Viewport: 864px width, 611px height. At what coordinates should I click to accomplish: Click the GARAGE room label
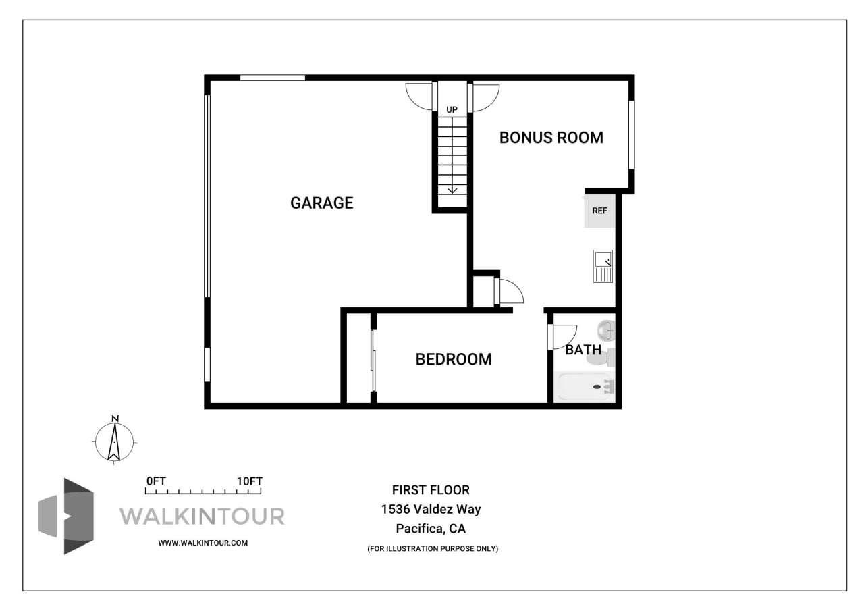321,203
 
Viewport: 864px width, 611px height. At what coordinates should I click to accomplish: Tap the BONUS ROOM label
551,138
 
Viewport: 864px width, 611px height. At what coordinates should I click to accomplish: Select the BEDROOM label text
454,359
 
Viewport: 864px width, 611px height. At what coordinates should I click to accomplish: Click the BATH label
583,350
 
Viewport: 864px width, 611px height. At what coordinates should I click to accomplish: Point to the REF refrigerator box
599,211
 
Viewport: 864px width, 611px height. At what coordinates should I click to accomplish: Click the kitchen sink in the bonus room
603,265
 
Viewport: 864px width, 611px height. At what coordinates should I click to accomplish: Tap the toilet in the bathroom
600,356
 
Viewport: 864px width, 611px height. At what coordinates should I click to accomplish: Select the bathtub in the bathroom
585,387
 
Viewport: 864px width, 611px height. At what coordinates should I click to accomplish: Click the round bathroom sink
606,330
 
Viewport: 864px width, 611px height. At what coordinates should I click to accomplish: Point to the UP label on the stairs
452,109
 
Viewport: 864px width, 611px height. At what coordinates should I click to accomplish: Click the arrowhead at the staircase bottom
452,190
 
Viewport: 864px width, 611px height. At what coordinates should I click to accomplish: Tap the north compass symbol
115,441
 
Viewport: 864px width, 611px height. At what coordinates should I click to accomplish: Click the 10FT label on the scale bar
249,481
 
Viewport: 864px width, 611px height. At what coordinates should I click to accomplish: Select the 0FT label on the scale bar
156,481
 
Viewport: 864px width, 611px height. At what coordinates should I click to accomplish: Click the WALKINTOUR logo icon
65,516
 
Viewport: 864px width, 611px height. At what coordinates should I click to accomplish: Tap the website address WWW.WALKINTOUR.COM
202,543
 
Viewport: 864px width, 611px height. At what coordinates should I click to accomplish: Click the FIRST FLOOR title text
431,490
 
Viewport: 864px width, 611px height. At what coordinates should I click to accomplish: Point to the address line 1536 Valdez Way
431,510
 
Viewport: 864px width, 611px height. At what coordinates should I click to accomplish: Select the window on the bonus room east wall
631,134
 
